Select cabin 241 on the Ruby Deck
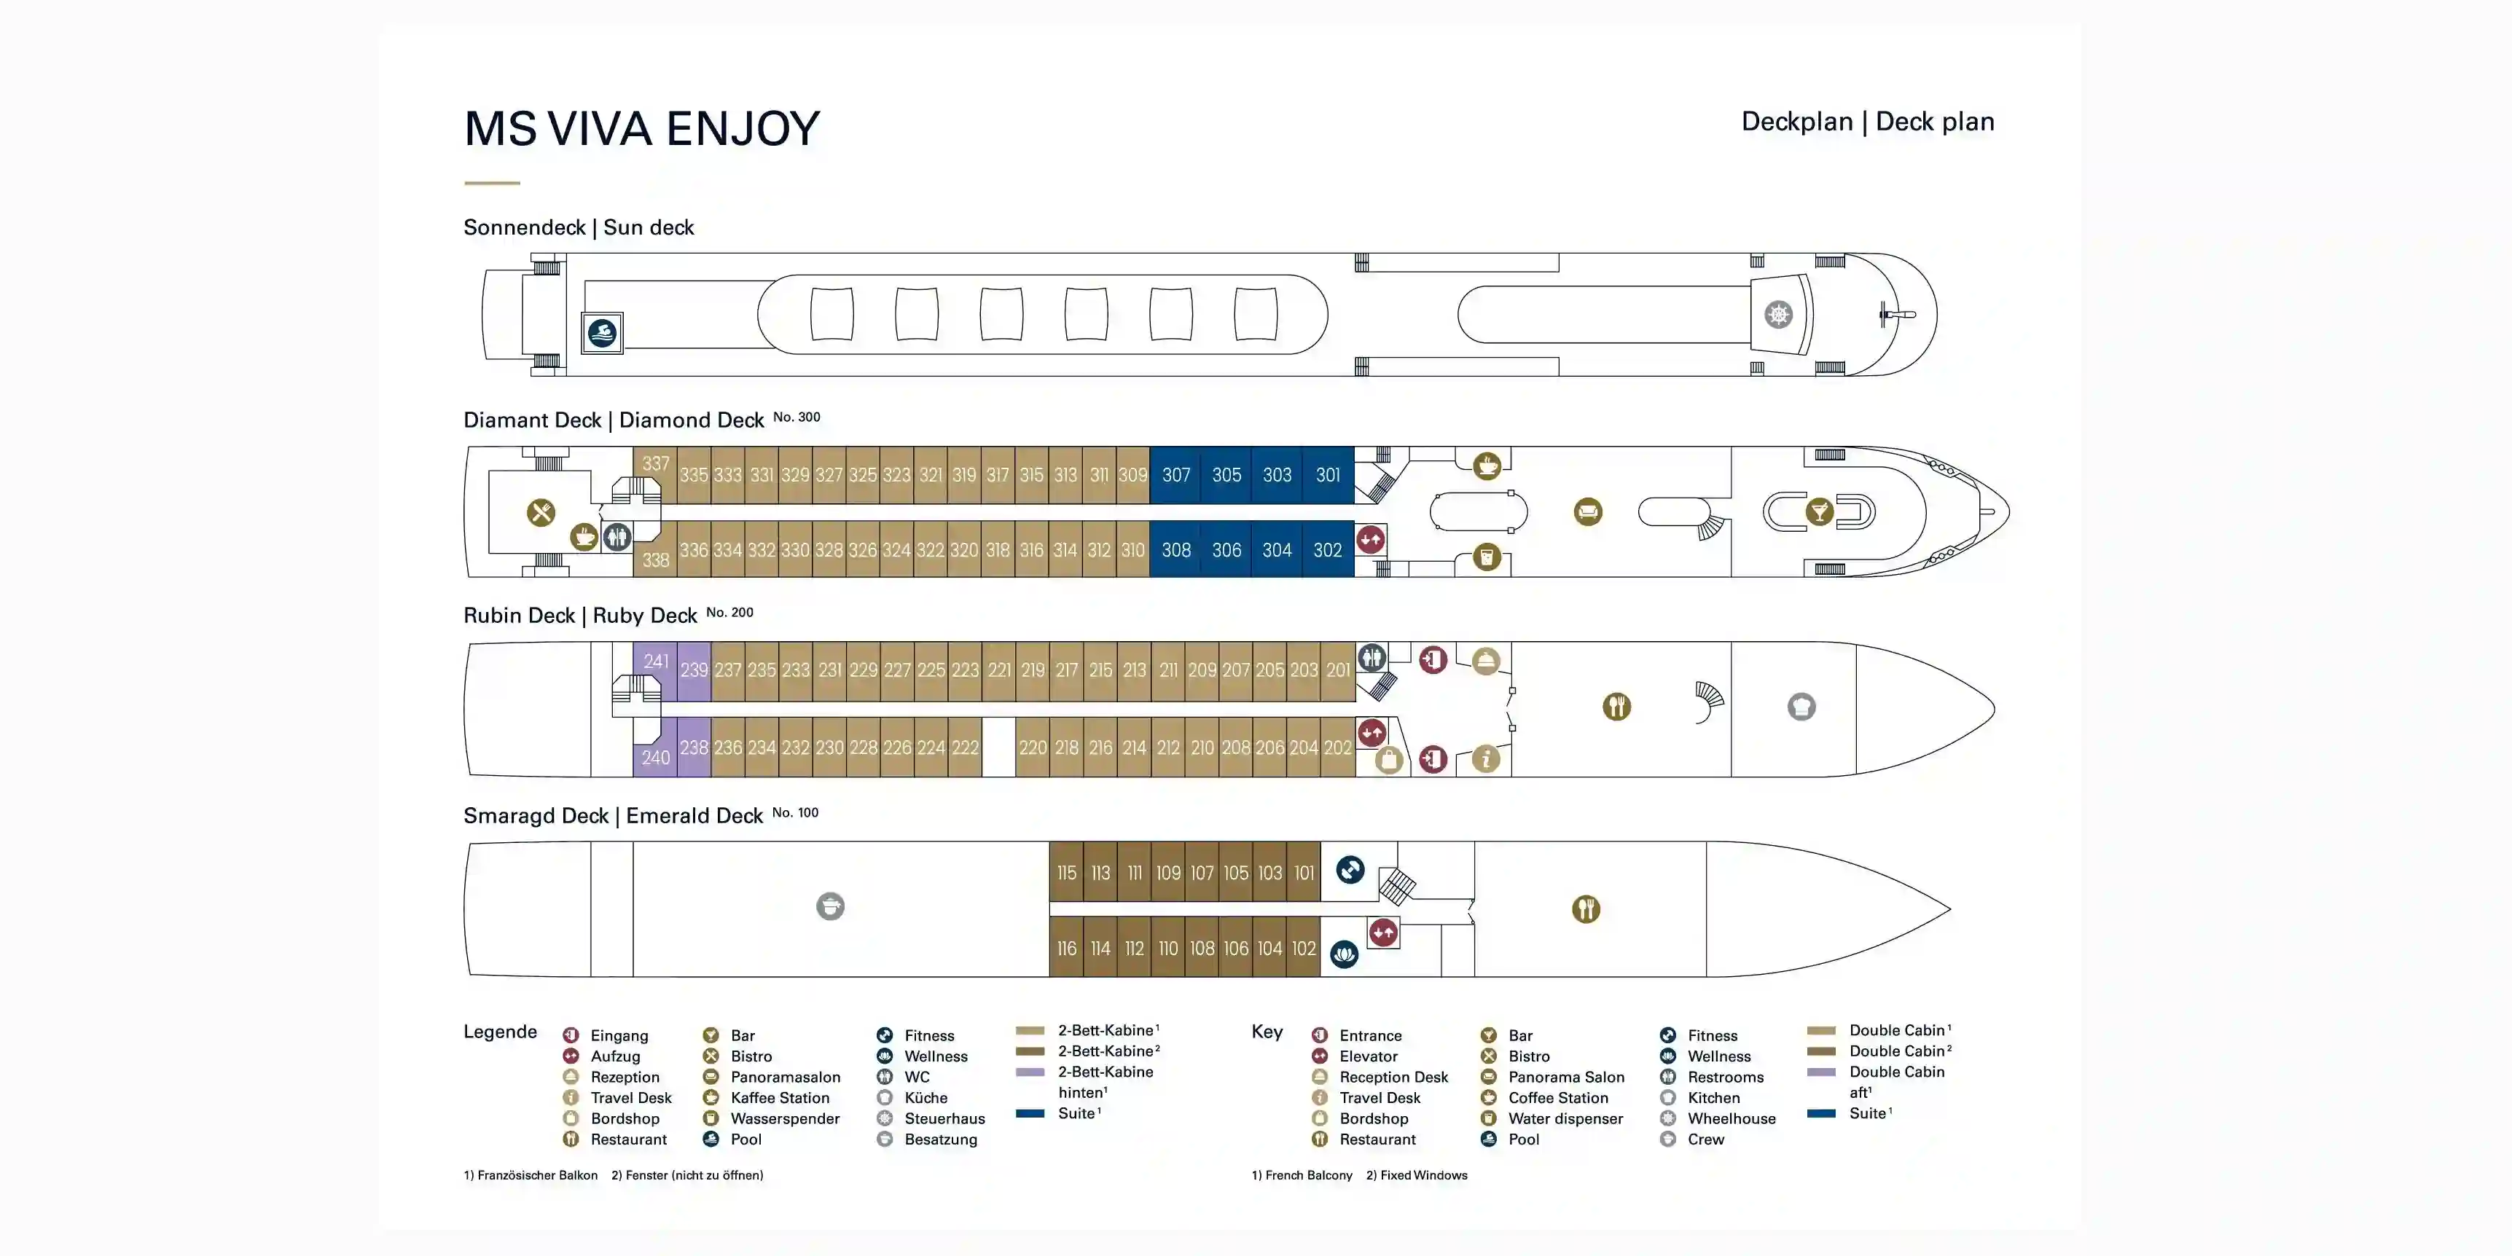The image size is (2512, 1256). click(655, 662)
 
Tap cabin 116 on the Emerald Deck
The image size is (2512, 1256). click(1066, 948)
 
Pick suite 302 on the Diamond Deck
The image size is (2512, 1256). click(1327, 550)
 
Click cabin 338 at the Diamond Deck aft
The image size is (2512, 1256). click(655, 560)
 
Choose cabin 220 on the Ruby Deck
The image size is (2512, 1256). click(1032, 748)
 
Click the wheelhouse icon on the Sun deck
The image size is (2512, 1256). click(1777, 315)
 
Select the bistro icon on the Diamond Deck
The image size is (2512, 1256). click(540, 512)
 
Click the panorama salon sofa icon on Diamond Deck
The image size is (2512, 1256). click(1587, 512)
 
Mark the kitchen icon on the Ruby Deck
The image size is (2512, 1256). click(1801, 707)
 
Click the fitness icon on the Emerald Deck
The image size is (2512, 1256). click(1350, 869)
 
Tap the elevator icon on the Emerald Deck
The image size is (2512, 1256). click(1382, 933)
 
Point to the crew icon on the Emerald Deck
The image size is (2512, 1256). click(830, 907)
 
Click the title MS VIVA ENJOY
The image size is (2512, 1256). click(641, 129)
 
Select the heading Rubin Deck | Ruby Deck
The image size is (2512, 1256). click(579, 616)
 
